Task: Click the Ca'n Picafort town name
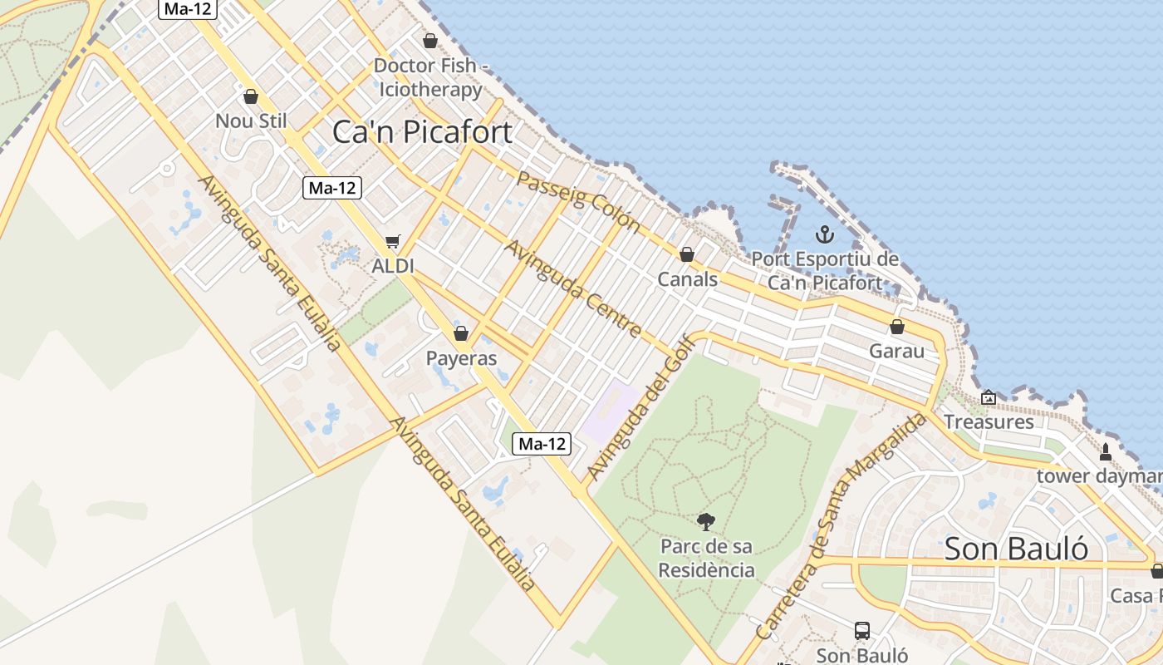tap(422, 132)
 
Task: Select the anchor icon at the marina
tap(824, 234)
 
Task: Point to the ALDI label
tap(393, 266)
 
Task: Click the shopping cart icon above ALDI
tap(393, 242)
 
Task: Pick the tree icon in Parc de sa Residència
tap(706, 522)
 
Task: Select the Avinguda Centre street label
tap(573, 288)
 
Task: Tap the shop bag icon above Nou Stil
tap(251, 96)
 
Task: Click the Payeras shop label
tap(461, 358)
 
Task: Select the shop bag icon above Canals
tap(687, 254)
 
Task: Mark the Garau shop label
tap(896, 351)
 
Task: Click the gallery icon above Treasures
tap(989, 398)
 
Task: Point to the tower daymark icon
tap(1106, 452)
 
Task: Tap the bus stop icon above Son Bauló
tap(862, 631)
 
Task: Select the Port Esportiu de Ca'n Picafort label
tap(825, 270)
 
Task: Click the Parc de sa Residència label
tap(707, 558)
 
